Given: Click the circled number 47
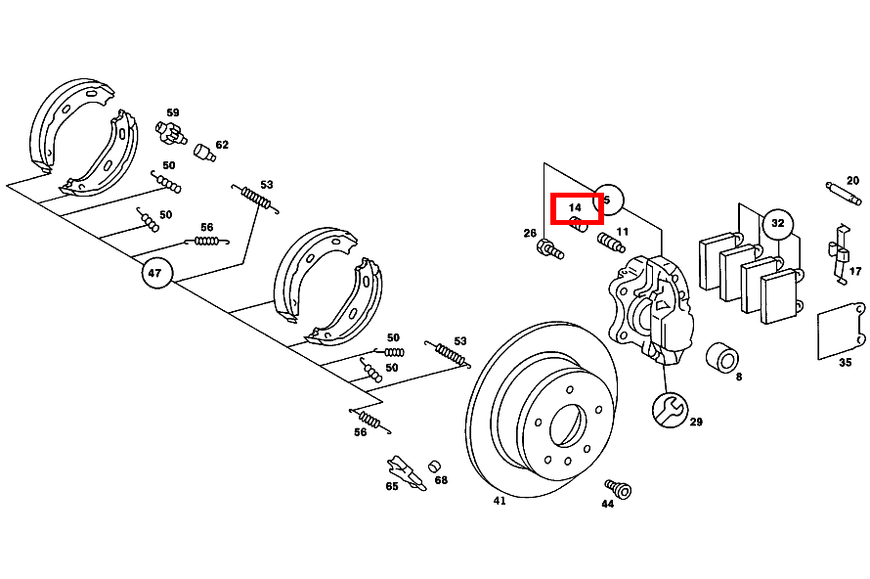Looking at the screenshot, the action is [157, 273].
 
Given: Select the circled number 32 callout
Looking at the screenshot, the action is [778, 223].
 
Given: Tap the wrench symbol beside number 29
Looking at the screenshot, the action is [671, 410].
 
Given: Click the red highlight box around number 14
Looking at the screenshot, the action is [577, 208].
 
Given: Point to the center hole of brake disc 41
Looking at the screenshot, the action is [568, 425].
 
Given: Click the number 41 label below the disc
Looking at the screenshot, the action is [500, 501].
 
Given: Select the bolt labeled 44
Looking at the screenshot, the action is [619, 488].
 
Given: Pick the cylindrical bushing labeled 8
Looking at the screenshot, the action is [721, 358].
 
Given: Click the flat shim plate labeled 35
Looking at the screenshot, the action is [841, 331].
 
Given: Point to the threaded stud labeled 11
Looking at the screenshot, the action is [611, 243].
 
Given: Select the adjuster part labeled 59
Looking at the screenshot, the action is [171, 132].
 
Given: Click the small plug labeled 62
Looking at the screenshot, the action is [204, 153].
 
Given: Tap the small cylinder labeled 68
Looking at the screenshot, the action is [434, 467].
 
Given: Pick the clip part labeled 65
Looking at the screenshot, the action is [406, 472].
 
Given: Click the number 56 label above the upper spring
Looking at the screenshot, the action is [207, 228].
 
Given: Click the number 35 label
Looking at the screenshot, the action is [845, 363].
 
